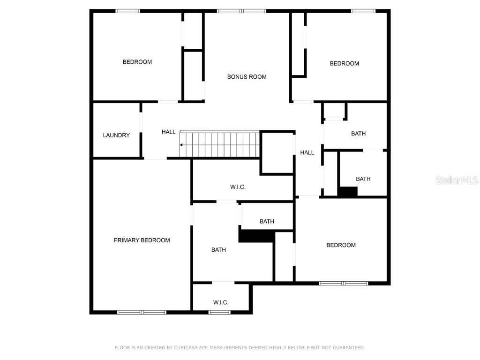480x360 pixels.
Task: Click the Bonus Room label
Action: pos(247,77)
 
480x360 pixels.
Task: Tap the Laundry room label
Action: pos(116,135)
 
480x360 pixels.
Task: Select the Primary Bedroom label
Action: pos(142,240)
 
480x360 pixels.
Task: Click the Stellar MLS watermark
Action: pos(456,180)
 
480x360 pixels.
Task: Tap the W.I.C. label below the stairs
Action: pos(238,187)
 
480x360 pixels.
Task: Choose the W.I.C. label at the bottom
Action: pos(221,302)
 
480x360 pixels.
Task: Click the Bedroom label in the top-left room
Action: pos(137,62)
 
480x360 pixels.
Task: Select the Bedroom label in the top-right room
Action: pos(344,64)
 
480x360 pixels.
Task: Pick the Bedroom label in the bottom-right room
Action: pos(341,245)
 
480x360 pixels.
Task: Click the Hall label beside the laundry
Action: pos(169,132)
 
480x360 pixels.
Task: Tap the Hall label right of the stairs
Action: pos(307,152)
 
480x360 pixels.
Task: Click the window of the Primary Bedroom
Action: pos(142,312)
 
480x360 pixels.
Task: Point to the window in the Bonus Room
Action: pos(241,11)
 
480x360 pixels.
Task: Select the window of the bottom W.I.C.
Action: pos(219,312)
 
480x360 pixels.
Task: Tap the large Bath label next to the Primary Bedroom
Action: pos(218,250)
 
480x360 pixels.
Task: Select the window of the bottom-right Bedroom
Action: pos(344,283)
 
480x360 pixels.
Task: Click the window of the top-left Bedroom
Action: pos(127,11)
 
